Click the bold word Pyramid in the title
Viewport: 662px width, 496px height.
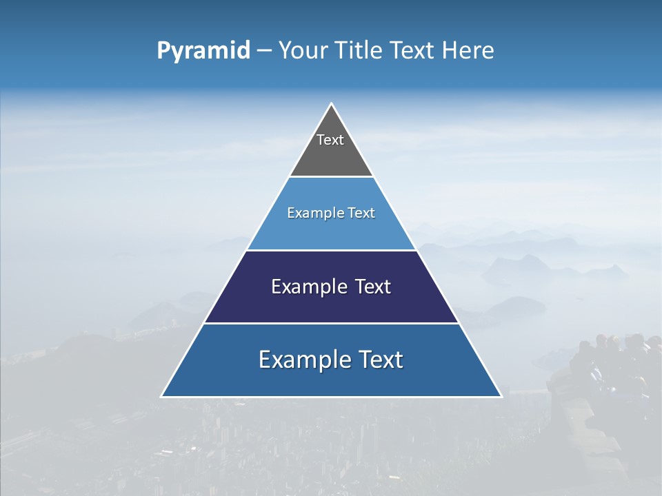pyautogui.click(x=203, y=51)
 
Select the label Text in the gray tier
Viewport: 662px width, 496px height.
pyautogui.click(x=330, y=140)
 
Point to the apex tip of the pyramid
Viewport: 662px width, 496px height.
pyautogui.click(x=331, y=104)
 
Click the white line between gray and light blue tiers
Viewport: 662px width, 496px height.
pyautogui.click(x=331, y=177)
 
